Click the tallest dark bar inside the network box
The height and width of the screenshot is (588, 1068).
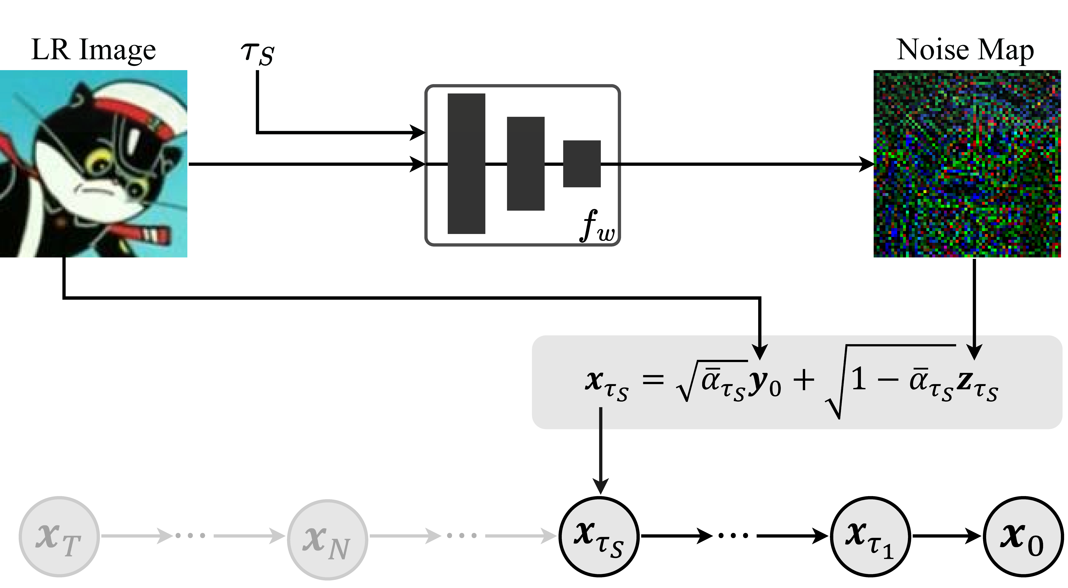(x=466, y=164)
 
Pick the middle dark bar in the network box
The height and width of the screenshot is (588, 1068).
(x=526, y=164)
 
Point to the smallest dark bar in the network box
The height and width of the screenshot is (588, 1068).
(x=582, y=164)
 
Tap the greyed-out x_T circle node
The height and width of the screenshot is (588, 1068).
(x=59, y=537)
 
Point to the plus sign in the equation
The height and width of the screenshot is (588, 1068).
(x=803, y=380)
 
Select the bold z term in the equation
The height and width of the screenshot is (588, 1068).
(x=965, y=381)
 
